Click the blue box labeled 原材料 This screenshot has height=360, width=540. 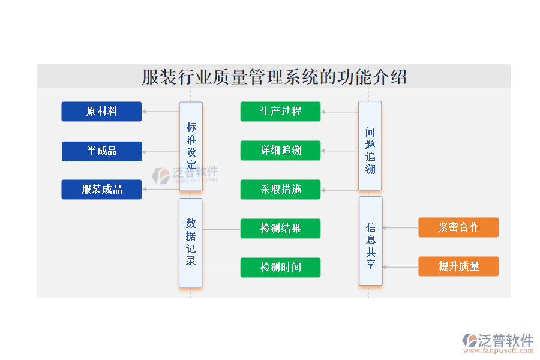101,111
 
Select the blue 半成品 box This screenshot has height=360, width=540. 102,151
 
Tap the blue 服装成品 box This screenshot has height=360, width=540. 101,190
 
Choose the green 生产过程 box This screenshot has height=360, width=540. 280,111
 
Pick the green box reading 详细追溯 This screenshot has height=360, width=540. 280,150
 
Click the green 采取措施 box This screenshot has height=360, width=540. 280,190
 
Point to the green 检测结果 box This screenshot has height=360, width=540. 280,229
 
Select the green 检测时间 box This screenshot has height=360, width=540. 280,268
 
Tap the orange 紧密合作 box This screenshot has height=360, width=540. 458,227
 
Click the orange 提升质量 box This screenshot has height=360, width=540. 458,266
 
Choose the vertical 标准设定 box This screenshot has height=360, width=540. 191,146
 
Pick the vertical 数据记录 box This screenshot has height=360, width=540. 191,242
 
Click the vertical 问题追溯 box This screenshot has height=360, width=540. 370,145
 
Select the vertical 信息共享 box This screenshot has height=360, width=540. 371,241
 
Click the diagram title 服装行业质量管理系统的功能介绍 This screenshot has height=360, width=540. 274,77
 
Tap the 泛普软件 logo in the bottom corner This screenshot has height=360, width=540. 497,340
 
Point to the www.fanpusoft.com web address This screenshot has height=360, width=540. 499,350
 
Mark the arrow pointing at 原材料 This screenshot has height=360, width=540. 161,112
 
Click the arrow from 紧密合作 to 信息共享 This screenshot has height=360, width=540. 401,228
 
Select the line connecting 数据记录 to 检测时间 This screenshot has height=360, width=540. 221,268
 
